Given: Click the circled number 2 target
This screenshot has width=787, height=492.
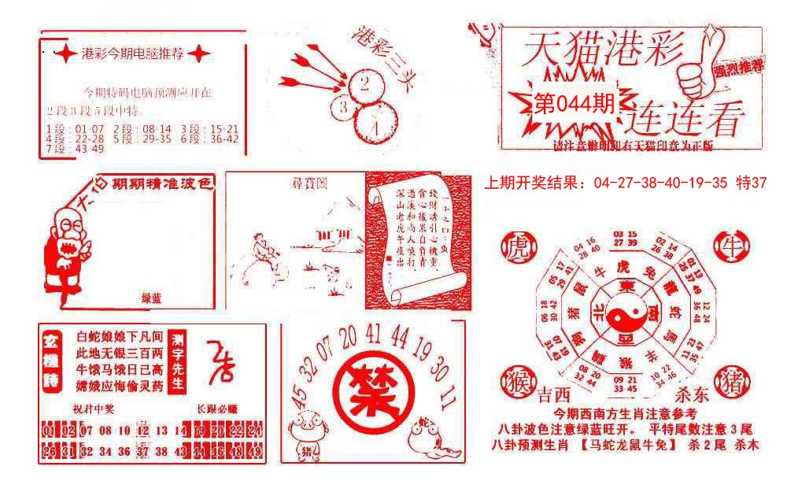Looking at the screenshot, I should [x=364, y=83].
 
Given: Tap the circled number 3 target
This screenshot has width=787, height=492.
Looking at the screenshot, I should [x=344, y=107].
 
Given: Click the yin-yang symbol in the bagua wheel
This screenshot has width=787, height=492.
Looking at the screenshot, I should [x=627, y=320].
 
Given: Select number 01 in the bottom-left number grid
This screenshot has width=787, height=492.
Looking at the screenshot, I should [x=50, y=431].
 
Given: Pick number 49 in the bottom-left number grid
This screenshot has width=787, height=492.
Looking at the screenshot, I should [x=254, y=452].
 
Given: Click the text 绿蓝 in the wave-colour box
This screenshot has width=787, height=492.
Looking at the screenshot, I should [x=151, y=298].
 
